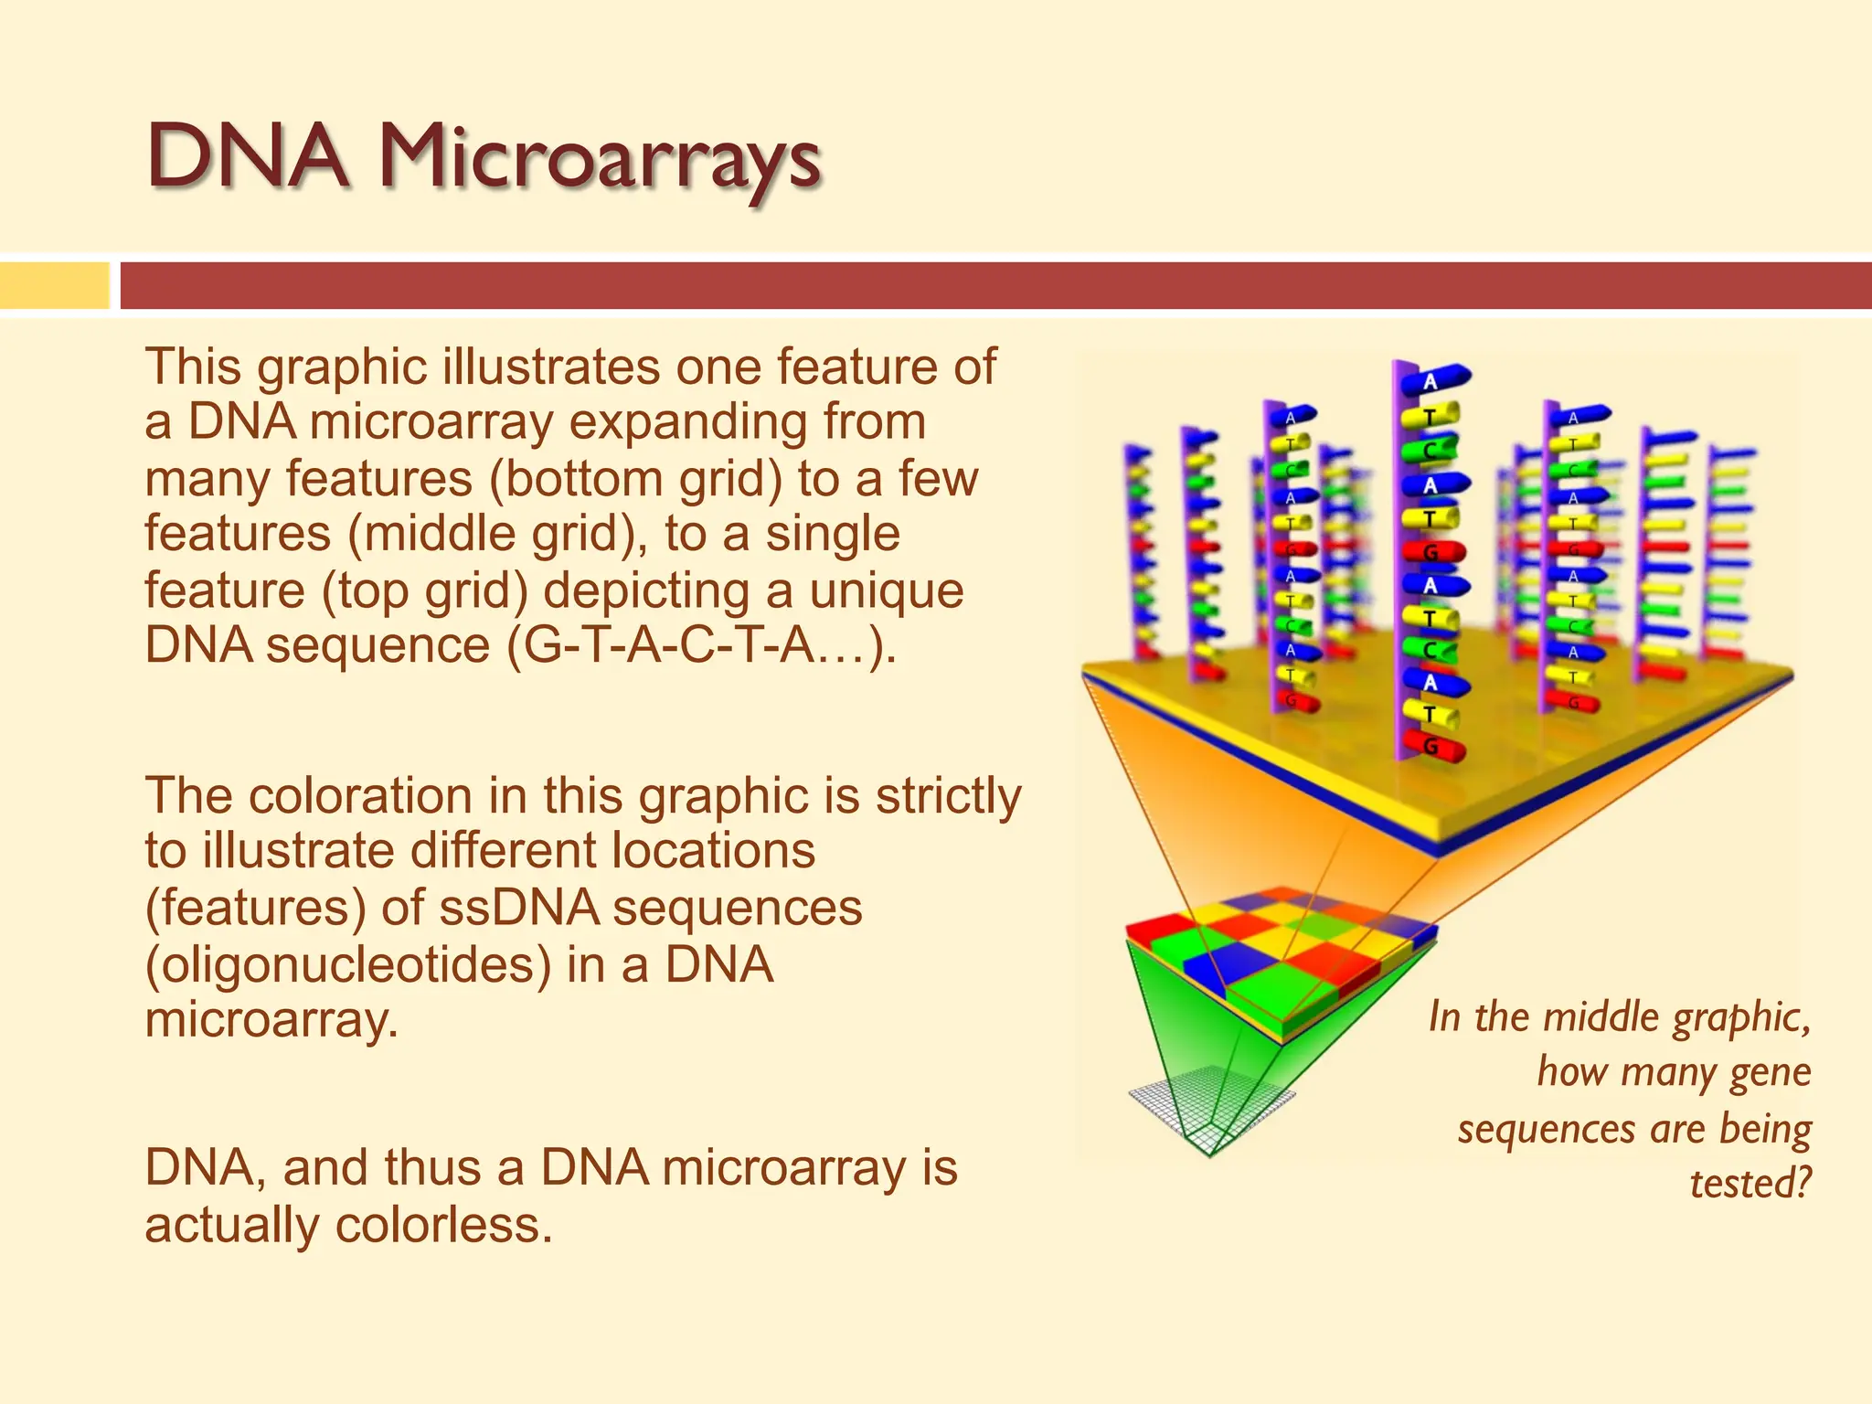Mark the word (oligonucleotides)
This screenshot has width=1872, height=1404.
348,964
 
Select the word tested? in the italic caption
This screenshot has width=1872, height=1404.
1750,1183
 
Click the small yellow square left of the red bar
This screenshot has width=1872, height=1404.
54,285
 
